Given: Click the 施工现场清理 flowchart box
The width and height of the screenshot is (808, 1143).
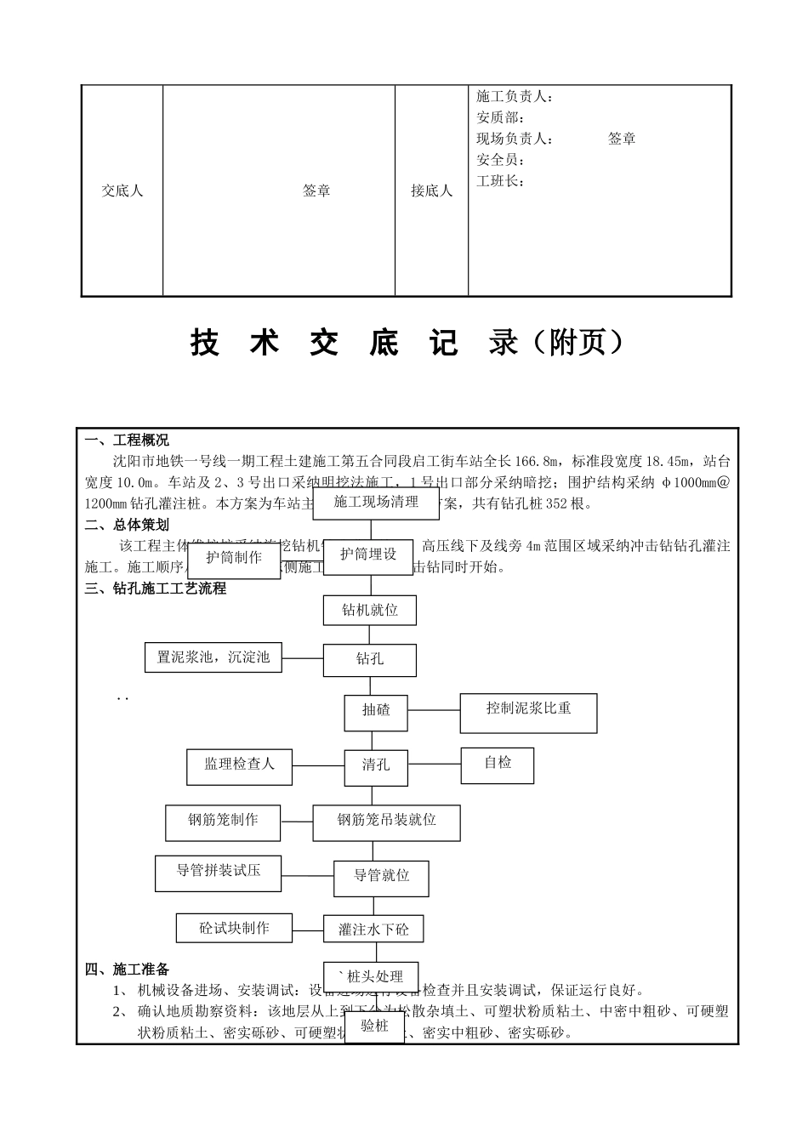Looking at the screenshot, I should (x=376, y=503).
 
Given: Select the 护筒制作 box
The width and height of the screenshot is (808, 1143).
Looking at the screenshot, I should (x=234, y=559).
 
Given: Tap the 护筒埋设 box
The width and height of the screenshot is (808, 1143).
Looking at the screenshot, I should (x=368, y=554).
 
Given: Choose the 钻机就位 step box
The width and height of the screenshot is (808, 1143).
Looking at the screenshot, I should (x=369, y=610).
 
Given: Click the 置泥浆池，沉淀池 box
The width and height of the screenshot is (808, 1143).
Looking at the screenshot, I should (x=213, y=657).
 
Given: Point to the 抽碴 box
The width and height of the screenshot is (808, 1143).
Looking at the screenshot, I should (x=376, y=710).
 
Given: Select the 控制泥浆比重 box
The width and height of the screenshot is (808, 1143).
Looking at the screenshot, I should (x=528, y=709).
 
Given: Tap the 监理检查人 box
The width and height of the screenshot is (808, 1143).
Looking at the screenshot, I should (x=239, y=765).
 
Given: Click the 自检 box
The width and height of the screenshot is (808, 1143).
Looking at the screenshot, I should (x=498, y=764).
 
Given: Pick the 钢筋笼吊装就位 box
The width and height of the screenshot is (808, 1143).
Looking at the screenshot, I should (x=386, y=821).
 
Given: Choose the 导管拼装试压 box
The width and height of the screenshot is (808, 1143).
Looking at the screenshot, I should (x=218, y=872).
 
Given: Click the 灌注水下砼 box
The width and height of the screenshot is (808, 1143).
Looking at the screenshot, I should (x=373, y=930).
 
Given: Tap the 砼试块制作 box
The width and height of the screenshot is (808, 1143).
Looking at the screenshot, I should (x=234, y=929).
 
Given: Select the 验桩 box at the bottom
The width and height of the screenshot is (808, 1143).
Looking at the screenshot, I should (x=374, y=1026).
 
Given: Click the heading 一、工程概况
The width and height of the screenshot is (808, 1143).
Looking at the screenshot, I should (x=127, y=441).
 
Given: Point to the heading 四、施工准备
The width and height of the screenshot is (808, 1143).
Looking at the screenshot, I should (x=127, y=970).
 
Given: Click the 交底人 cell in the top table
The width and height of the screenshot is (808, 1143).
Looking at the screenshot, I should (x=122, y=191).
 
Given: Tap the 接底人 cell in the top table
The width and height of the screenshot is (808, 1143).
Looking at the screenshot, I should (x=431, y=191).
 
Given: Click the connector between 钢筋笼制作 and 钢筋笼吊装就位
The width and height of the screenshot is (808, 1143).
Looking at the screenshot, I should (x=298, y=822).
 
